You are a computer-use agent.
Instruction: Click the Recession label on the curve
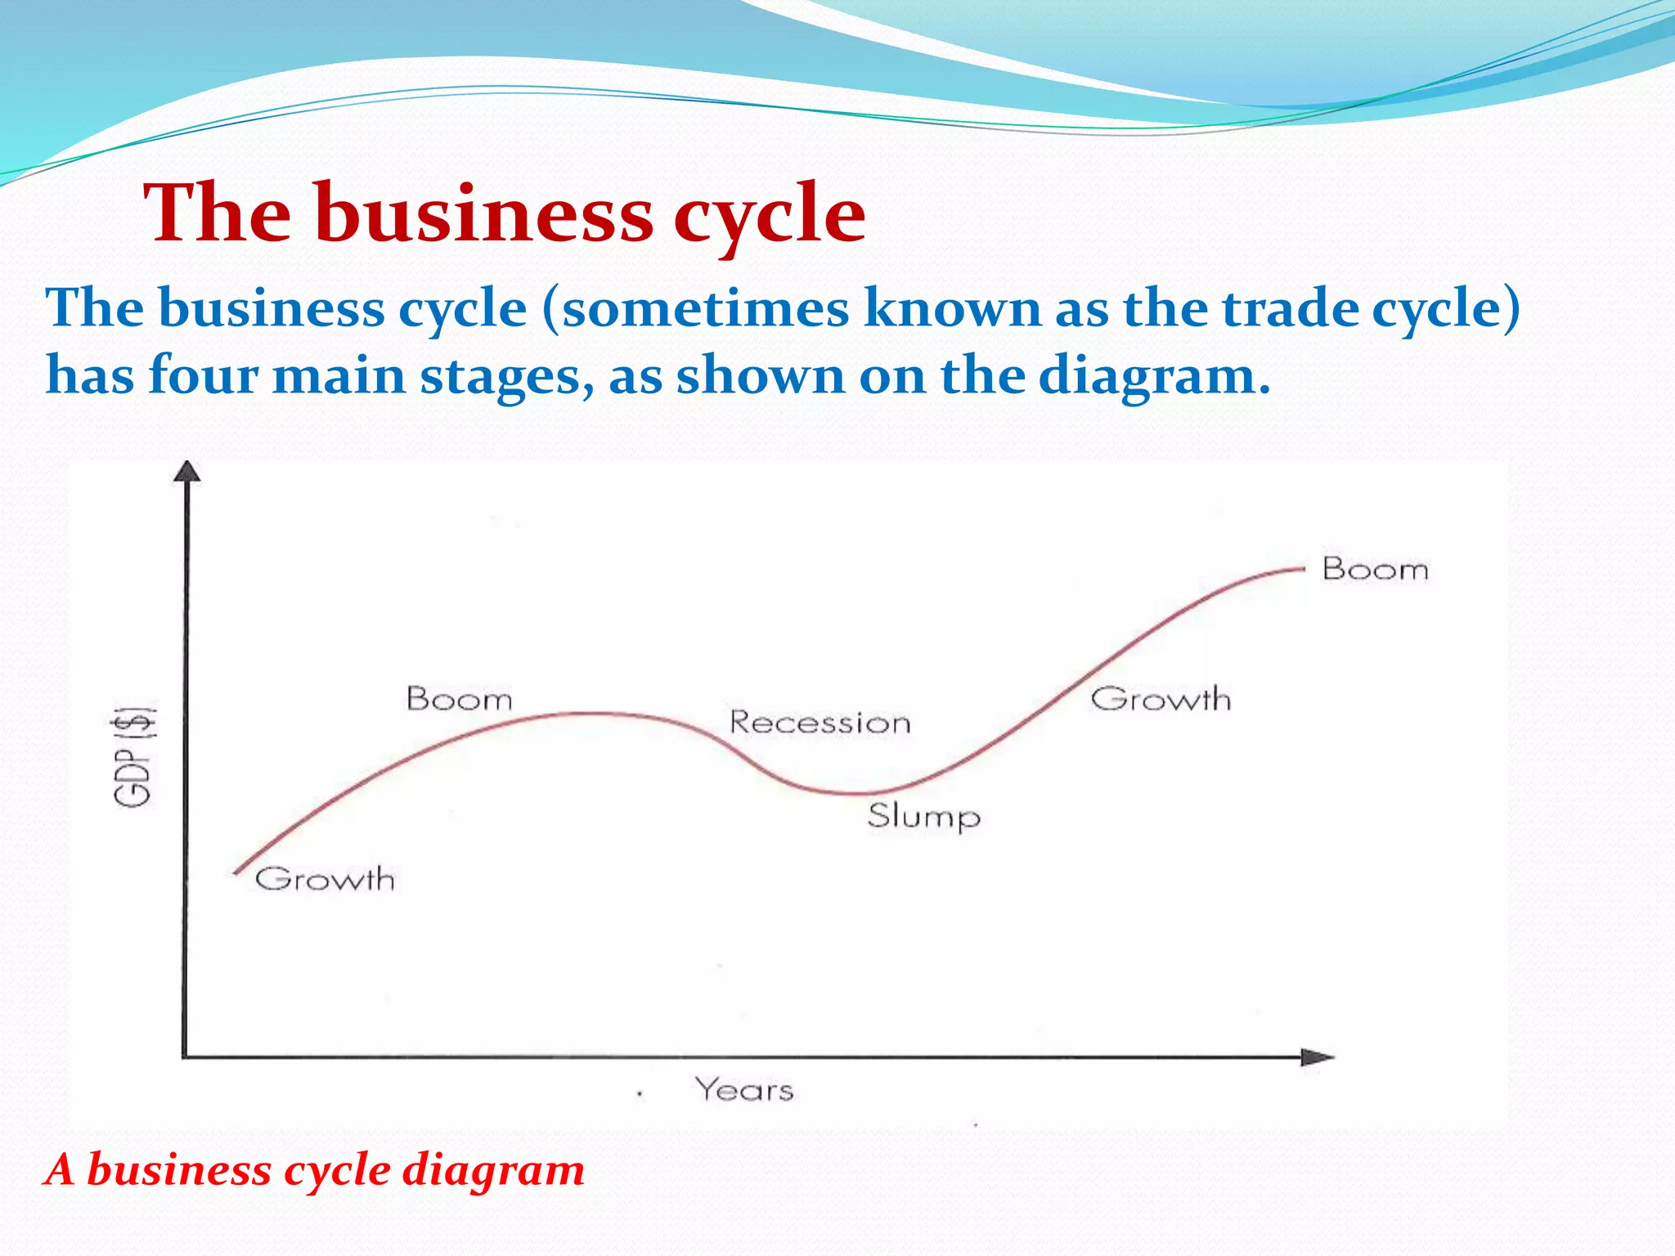click(x=820, y=723)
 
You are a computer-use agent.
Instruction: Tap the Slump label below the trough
click(x=923, y=816)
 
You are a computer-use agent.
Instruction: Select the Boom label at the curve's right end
click(x=1375, y=569)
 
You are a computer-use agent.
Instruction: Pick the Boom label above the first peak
click(x=460, y=699)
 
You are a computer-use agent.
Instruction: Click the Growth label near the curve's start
click(x=325, y=879)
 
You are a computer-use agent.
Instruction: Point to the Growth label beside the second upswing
click(x=1161, y=699)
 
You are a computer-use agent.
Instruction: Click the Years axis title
click(x=744, y=1090)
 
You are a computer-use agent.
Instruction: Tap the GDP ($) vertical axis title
click(x=134, y=756)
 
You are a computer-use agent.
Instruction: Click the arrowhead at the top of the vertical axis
click(x=187, y=472)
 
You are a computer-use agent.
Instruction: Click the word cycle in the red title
click(x=769, y=213)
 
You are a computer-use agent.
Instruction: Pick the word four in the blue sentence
click(x=203, y=376)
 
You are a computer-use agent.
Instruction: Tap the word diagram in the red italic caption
click(x=494, y=1170)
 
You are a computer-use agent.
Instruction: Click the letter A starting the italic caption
click(x=60, y=1169)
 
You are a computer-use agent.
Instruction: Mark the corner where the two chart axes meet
click(x=185, y=1056)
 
